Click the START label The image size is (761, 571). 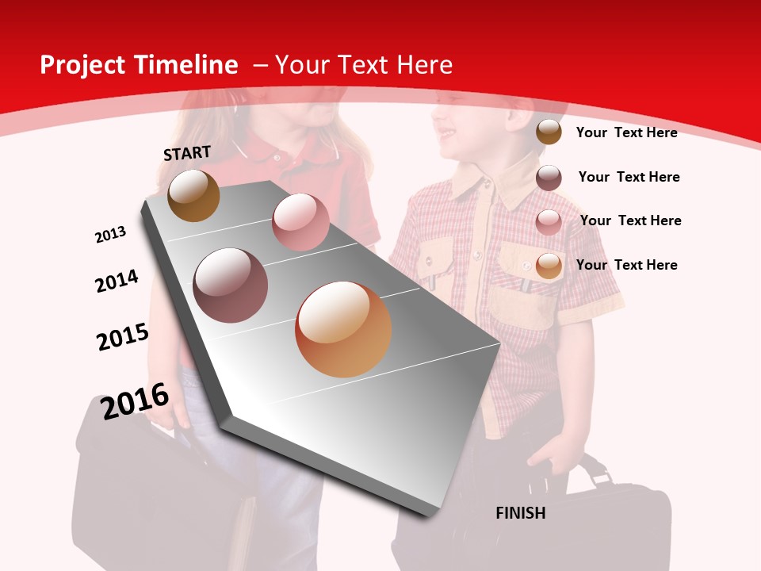click(187, 153)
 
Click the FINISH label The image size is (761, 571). click(520, 513)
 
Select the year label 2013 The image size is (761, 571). click(111, 235)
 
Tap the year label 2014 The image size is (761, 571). click(117, 281)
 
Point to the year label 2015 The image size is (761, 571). click(123, 337)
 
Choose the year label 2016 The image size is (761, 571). click(135, 401)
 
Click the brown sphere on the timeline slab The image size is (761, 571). click(193, 195)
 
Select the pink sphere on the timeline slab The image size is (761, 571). click(300, 222)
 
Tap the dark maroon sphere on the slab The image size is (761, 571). click(231, 285)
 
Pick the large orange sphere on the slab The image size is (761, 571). click(343, 329)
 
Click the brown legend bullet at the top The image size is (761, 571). click(549, 132)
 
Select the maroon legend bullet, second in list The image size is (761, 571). click(549, 178)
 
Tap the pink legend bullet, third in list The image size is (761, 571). click(549, 221)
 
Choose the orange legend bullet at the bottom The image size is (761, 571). click(549, 266)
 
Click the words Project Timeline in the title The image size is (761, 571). click(139, 65)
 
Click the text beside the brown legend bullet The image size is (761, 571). click(626, 132)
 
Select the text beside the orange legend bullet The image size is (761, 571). click(626, 265)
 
